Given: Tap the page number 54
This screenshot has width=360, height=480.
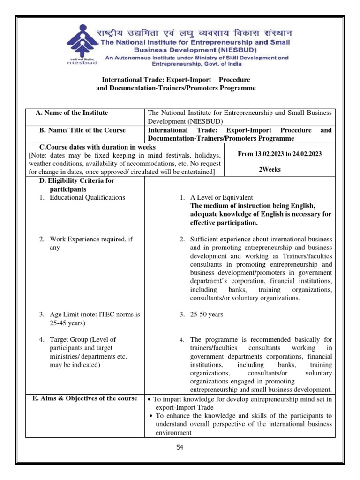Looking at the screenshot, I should click(x=180, y=447).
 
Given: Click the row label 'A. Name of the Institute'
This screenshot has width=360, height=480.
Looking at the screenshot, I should click(x=72, y=112).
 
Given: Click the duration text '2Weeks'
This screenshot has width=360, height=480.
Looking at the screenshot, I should click(x=270, y=169).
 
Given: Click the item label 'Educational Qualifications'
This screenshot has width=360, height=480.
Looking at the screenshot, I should click(x=87, y=197).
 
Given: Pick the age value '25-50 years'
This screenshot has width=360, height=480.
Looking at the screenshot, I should click(x=207, y=315).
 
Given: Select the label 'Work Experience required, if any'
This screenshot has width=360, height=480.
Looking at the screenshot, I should click(x=91, y=239).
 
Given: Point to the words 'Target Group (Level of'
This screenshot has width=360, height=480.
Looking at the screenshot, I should click(x=82, y=339).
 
